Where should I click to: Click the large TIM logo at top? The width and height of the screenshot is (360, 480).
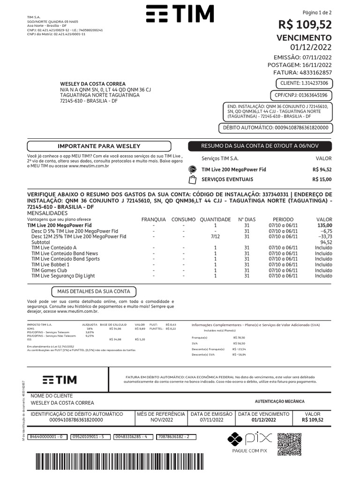coord(180,14)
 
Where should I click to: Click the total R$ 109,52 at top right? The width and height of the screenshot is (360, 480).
coord(305,24)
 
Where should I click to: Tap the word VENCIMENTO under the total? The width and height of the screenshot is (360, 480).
coord(304,37)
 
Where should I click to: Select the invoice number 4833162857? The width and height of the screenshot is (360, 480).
coord(315,73)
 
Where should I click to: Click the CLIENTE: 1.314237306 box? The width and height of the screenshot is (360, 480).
coord(304,83)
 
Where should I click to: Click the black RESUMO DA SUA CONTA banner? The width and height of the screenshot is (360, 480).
coord(260,146)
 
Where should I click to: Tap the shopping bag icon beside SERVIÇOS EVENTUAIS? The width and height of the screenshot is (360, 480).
coord(192,180)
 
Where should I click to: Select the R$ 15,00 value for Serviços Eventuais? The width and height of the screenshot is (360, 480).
coord(322,180)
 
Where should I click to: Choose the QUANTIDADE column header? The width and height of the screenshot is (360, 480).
coord(215,219)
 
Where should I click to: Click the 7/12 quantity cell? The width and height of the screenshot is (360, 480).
coord(215,237)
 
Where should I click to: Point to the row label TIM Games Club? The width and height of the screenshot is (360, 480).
coord(49,270)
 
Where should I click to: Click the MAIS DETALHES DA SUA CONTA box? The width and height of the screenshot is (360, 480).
coord(94,291)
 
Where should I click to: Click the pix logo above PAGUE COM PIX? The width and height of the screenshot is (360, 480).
coord(250,439)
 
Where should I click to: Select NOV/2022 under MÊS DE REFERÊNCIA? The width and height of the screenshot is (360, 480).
coord(161,420)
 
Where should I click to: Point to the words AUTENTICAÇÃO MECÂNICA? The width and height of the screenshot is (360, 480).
coord(279,401)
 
